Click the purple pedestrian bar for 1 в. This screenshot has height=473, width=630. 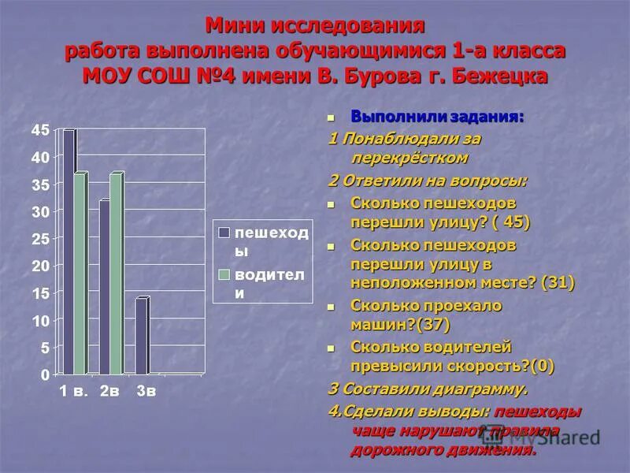[x=69, y=252]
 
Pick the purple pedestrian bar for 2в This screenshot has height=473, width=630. [x=104, y=288]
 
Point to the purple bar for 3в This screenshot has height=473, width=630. [x=141, y=336]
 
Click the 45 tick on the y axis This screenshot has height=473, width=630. [x=40, y=130]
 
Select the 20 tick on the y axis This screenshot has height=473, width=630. [x=40, y=266]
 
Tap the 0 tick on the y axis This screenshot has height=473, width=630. [x=45, y=374]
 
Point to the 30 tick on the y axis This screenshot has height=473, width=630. [x=40, y=211]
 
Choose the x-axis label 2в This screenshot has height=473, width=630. [x=109, y=391]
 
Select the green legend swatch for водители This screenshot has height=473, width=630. [x=224, y=274]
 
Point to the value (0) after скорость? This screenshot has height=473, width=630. [x=542, y=365]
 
